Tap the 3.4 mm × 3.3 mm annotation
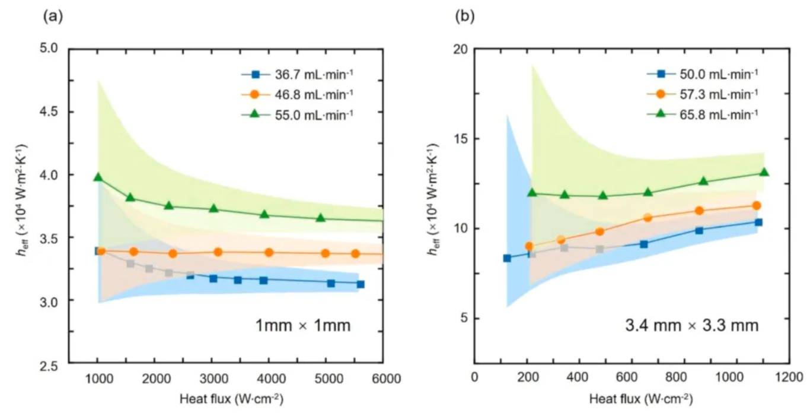point(692,326)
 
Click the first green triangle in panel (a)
point(98,177)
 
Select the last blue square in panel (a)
point(360,284)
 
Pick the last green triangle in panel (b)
point(764,172)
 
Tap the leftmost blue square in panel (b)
point(507,258)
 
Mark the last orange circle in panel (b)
point(756,205)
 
